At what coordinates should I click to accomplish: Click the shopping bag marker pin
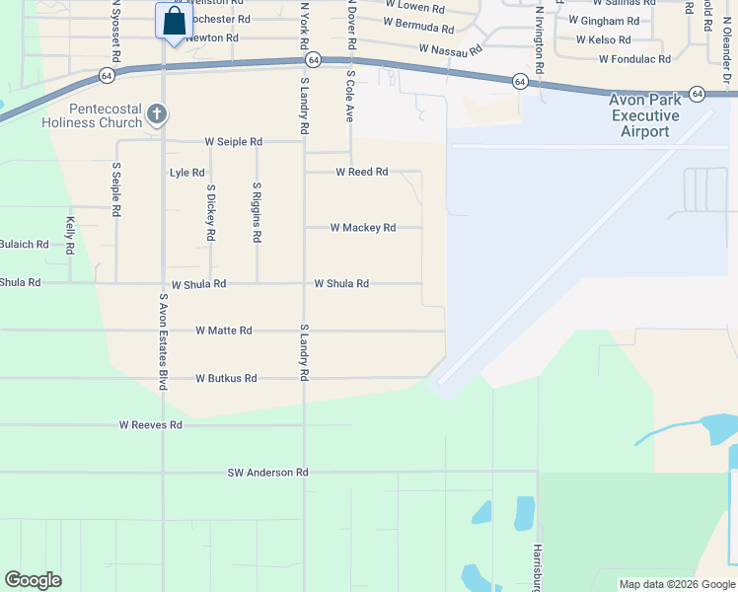[173, 22]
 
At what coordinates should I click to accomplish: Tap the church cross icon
[156, 114]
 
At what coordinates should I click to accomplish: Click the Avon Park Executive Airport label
[645, 116]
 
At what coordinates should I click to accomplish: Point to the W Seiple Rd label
[234, 142]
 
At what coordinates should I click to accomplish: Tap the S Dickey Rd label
[210, 212]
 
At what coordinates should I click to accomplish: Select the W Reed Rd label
[361, 172]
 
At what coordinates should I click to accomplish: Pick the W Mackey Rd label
[362, 228]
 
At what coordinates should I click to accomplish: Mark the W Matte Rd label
[224, 331]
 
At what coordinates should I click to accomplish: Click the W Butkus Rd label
[226, 378]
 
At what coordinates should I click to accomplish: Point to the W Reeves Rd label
[151, 425]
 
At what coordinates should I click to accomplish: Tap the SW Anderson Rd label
[267, 473]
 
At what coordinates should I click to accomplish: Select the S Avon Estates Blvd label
[163, 341]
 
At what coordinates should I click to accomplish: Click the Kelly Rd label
[70, 236]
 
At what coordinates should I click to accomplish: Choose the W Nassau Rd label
[450, 48]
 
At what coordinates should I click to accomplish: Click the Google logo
[33, 580]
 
